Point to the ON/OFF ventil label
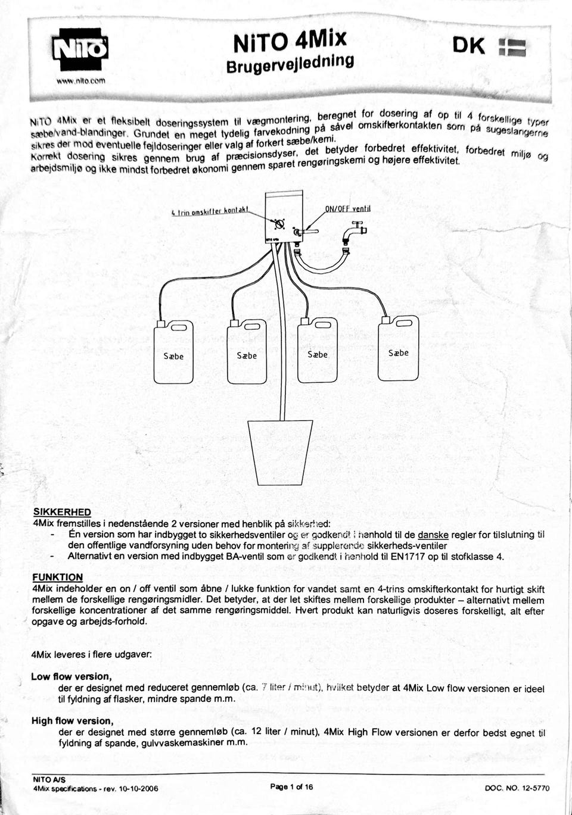point(348,209)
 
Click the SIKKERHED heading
point(62,512)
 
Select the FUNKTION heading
point(58,577)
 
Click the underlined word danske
point(433,535)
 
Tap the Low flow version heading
point(71,676)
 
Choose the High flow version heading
point(73,721)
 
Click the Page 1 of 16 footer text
point(291,786)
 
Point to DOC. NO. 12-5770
point(517,788)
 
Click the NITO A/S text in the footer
point(49,779)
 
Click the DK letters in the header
point(469,46)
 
